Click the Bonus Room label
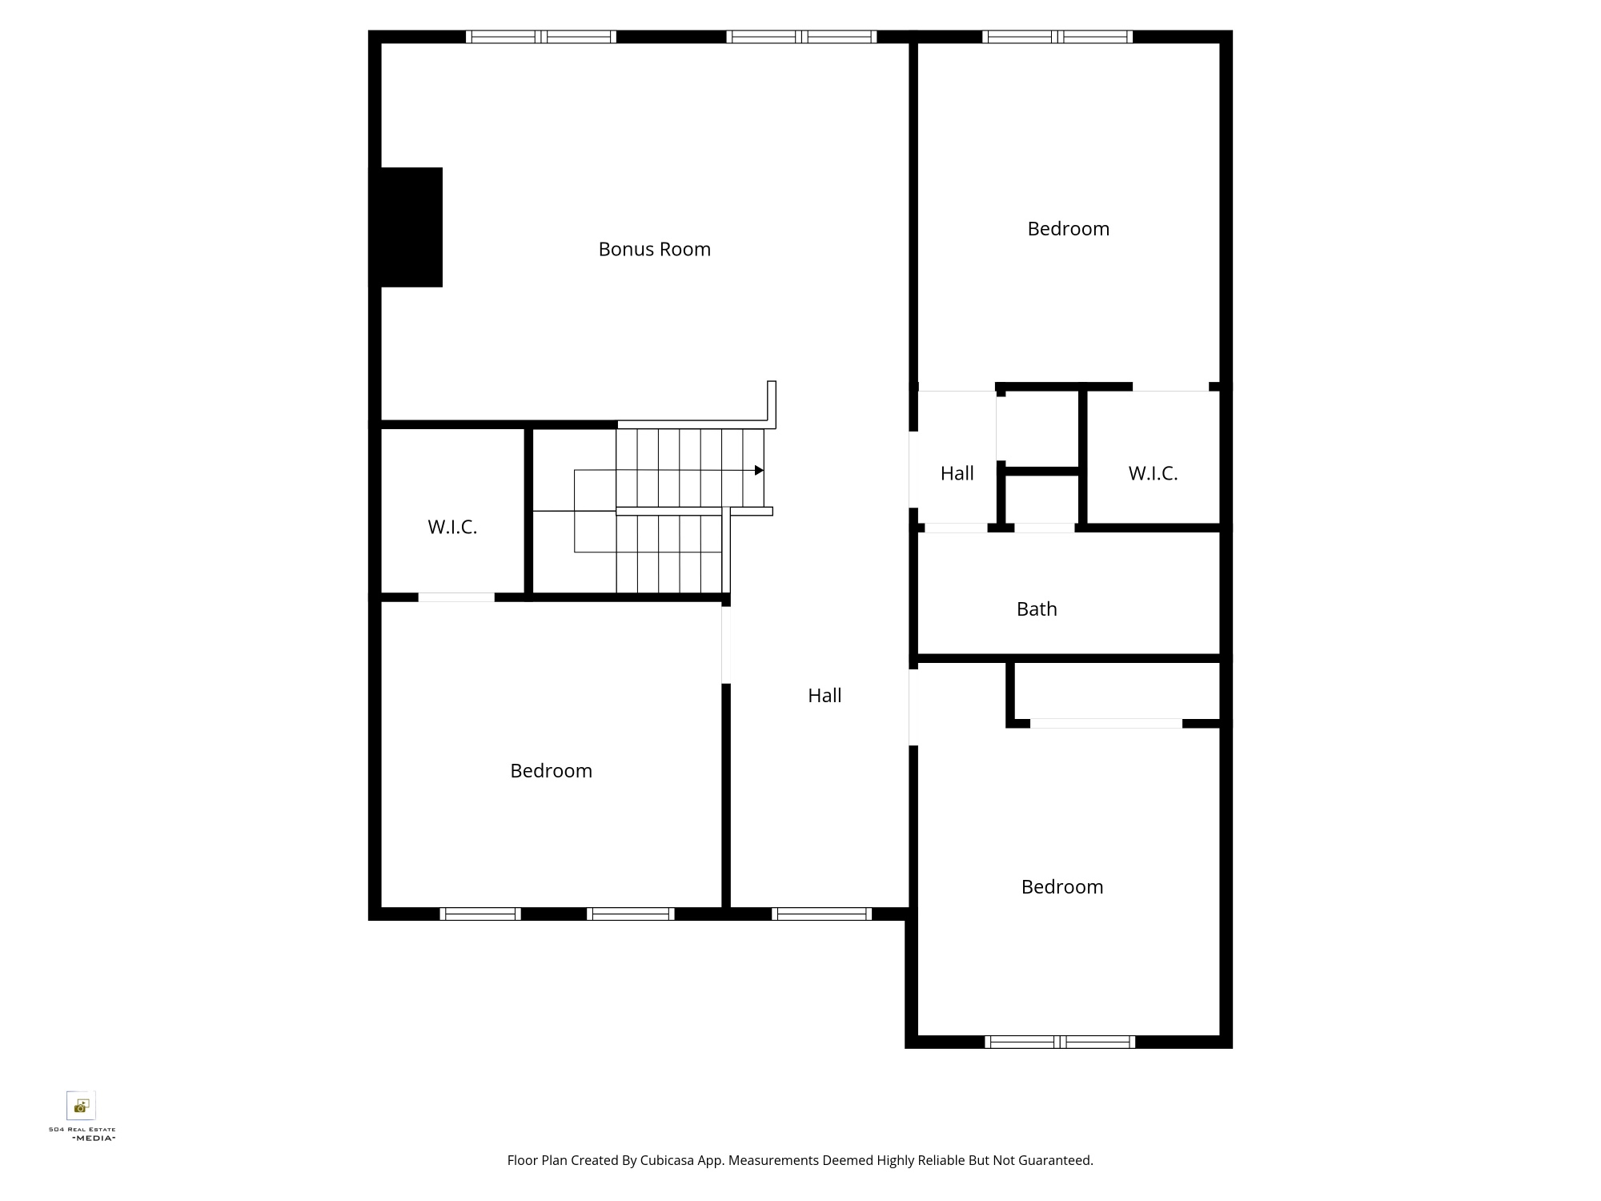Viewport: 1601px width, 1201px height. coord(655,249)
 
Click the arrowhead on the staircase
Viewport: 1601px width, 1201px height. coord(760,470)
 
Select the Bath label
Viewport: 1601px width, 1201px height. coord(1037,609)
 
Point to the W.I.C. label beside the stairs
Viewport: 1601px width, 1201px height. coord(452,527)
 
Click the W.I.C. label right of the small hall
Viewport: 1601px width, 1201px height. coord(1153,473)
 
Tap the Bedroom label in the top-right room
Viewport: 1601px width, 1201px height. coord(1069,229)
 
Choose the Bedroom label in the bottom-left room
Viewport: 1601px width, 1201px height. coord(552,771)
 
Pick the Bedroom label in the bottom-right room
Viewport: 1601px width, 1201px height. coord(1062,887)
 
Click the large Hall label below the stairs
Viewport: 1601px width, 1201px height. coord(825,696)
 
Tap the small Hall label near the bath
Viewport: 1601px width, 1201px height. coord(957,473)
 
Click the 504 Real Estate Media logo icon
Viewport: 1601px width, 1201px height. coord(81,1106)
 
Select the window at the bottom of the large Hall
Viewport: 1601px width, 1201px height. coord(821,914)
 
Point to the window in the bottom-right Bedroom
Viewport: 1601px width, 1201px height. coord(1060,1042)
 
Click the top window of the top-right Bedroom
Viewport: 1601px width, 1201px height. coord(1057,37)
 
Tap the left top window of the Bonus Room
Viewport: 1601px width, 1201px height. coord(541,37)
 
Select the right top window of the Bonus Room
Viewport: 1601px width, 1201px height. coord(801,37)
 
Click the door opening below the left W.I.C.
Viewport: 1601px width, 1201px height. coord(456,597)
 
